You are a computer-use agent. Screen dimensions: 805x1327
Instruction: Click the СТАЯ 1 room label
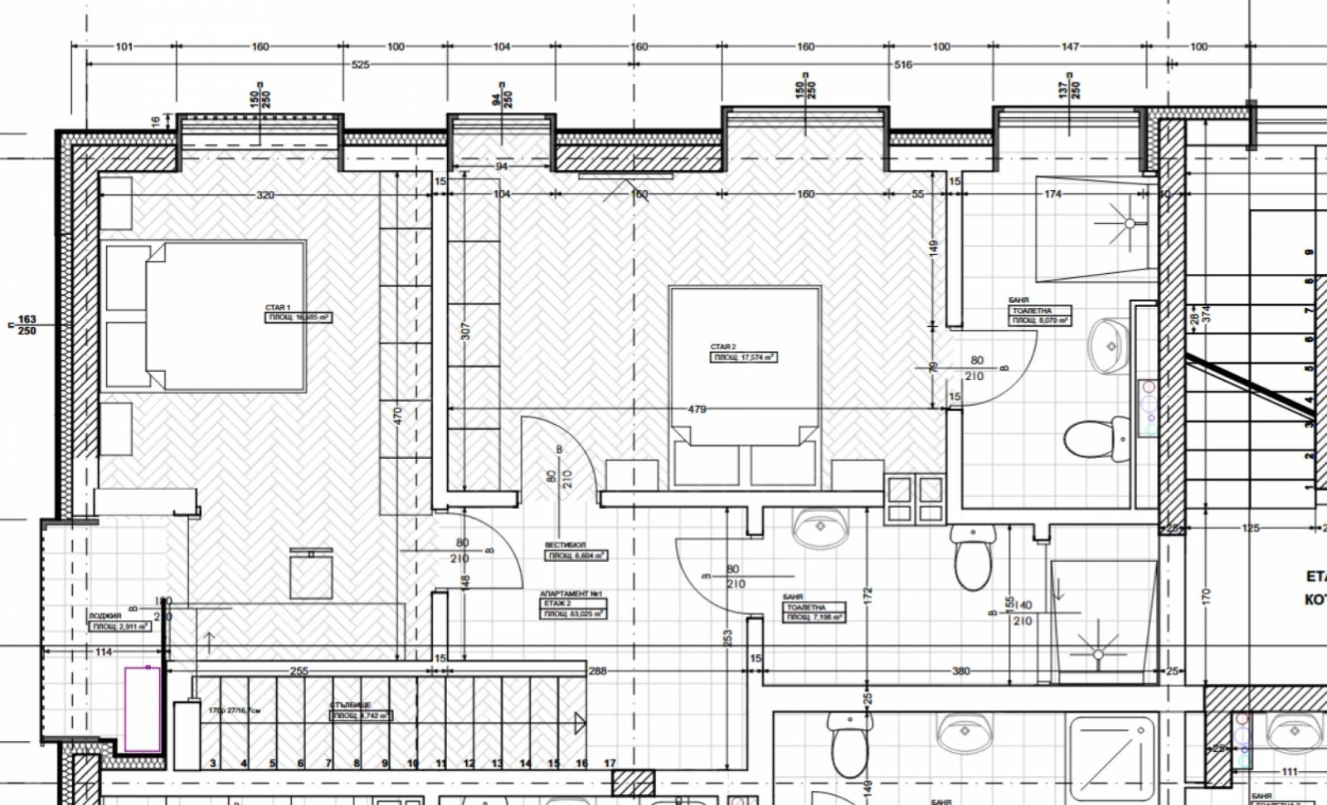pyautogui.click(x=278, y=308)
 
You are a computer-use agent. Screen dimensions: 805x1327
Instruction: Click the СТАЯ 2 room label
pyautogui.click(x=722, y=347)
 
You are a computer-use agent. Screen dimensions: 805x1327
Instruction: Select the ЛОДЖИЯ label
pyautogui.click(x=105, y=617)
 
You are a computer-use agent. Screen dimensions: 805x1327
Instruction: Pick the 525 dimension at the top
pyautogui.click(x=361, y=65)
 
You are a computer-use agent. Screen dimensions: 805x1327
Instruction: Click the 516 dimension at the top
pyautogui.click(x=902, y=65)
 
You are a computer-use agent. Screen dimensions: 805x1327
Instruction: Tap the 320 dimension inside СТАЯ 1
pyautogui.click(x=265, y=196)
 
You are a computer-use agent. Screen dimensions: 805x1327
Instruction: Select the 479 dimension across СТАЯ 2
pyautogui.click(x=697, y=409)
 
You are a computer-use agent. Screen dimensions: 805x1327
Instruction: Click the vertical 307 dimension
pyautogui.click(x=465, y=331)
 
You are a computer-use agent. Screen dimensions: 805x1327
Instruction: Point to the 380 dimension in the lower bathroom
pyautogui.click(x=960, y=671)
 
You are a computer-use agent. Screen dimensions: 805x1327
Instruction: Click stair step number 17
pyautogui.click(x=610, y=764)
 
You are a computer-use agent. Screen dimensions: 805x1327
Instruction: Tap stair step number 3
pyautogui.click(x=213, y=764)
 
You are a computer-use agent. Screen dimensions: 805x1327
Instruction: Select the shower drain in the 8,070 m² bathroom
pyautogui.click(x=1129, y=223)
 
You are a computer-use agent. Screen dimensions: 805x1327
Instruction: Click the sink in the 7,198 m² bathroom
pyautogui.click(x=820, y=528)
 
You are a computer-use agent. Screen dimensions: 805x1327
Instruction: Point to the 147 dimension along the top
pyautogui.click(x=1070, y=47)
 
